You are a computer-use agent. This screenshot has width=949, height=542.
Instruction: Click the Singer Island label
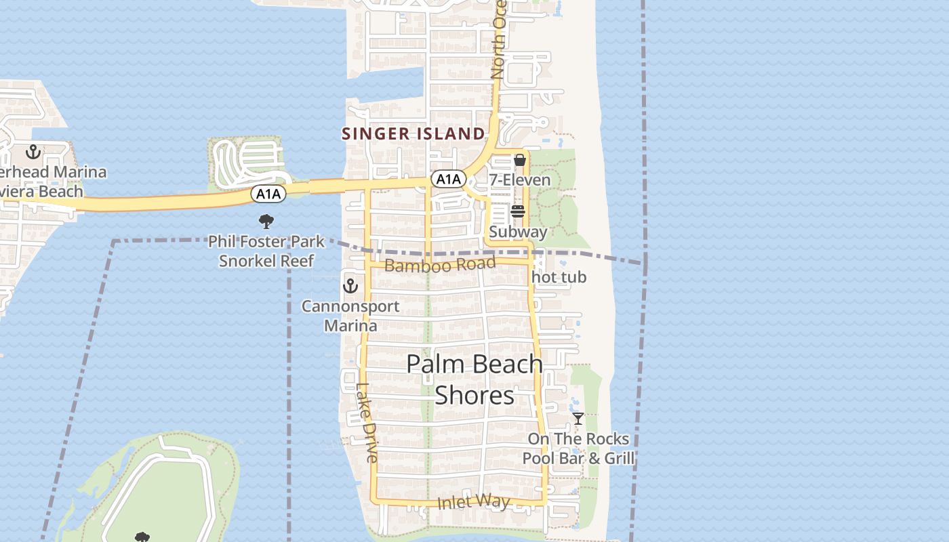click(x=413, y=133)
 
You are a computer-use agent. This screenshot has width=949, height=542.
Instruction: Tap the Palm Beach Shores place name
click(x=474, y=379)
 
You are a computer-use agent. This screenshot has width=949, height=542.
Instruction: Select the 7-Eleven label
click(x=520, y=180)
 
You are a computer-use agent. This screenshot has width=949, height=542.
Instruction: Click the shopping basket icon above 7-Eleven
click(x=520, y=161)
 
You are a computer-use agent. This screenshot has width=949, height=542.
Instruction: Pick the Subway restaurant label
click(x=518, y=232)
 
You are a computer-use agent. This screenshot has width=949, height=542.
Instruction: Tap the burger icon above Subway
click(x=518, y=212)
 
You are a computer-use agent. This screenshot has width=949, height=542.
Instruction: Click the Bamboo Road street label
click(x=440, y=264)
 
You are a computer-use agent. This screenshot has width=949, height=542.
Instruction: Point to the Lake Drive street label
click(x=366, y=423)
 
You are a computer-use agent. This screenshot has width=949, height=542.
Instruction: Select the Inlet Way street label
click(x=473, y=502)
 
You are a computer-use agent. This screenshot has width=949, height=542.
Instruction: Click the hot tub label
click(x=559, y=277)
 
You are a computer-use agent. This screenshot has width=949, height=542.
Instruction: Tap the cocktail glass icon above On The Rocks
click(x=578, y=419)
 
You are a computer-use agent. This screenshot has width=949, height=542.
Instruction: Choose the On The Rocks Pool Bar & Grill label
click(x=578, y=449)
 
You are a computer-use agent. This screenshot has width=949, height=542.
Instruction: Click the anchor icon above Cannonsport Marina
click(x=350, y=286)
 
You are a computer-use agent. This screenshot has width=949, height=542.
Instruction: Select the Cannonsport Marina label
click(x=350, y=316)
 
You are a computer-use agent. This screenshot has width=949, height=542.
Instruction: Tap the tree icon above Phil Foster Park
click(x=266, y=221)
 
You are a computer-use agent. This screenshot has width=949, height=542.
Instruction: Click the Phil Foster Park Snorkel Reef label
click(x=266, y=251)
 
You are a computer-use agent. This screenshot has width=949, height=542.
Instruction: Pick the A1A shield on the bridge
click(x=268, y=194)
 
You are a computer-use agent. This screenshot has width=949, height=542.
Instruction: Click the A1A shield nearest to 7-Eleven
click(x=448, y=179)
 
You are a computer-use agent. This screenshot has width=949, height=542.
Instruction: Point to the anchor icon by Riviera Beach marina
click(x=33, y=152)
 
